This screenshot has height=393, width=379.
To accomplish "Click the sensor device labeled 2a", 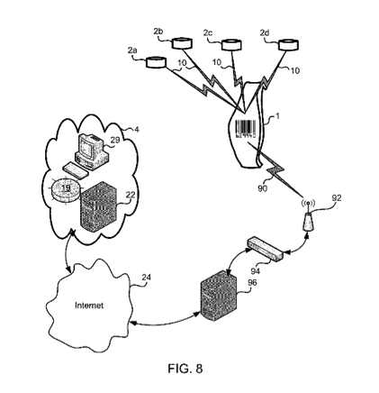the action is click(x=156, y=62).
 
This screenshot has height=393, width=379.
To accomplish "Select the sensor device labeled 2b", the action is click(x=182, y=43).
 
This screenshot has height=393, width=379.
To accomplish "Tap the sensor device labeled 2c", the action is click(x=231, y=44).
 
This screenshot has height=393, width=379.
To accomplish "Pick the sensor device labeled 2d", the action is click(x=289, y=44).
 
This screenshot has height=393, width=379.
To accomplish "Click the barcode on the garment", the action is click(x=246, y=129).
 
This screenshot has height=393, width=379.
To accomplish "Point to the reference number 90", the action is click(x=262, y=188).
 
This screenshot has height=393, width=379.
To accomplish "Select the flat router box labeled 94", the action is click(x=265, y=250).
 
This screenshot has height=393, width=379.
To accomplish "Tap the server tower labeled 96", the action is click(x=220, y=296).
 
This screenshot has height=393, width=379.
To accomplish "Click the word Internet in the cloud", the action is click(x=89, y=306).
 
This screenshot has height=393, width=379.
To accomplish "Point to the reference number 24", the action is click(x=146, y=278).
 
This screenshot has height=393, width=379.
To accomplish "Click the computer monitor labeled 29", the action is click(x=90, y=151).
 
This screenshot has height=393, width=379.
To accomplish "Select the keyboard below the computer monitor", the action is click(x=76, y=170).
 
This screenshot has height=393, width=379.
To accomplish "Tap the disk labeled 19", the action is click(x=66, y=192).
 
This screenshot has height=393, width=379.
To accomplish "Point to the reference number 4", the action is click(x=137, y=130).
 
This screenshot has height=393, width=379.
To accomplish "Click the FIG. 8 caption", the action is click(x=185, y=369).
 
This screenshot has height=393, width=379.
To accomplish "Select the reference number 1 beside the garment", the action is click(x=277, y=116).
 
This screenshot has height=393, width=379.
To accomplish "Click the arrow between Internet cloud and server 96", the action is click(x=165, y=321).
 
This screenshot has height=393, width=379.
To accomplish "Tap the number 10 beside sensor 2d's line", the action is click(x=294, y=71).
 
